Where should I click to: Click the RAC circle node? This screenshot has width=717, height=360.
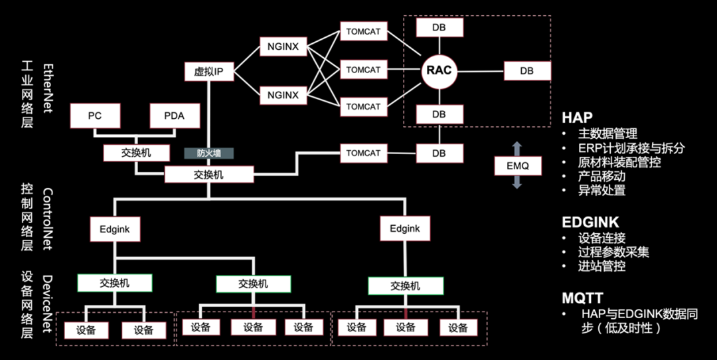pos(439,70)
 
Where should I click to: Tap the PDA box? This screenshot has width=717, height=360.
pos(174,116)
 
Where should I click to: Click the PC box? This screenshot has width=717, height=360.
pos(95,116)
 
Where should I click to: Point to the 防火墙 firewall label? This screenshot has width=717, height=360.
pos(208,153)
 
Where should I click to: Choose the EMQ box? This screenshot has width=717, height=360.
pos(518,165)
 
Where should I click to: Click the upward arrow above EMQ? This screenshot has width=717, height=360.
pos(518,147)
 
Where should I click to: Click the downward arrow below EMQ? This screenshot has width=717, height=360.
pos(518,184)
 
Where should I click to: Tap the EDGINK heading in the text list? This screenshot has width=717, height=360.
pos(590,222)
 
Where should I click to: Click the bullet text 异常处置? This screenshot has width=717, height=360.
pos(602,191)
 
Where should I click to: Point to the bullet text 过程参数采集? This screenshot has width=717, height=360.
pos(614,252)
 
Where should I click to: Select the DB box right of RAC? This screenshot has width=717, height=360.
pos(526,71)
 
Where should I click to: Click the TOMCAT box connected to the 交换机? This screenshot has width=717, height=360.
pos(363,153)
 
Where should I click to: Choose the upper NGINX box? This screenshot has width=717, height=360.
pos(283,47)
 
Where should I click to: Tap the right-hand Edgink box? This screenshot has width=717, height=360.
pos(405,229)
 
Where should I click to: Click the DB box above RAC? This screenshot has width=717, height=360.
pos(439,27)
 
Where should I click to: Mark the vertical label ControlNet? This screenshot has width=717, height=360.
pos(48,219)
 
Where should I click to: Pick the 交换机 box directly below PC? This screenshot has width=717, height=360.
pos(136,153)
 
